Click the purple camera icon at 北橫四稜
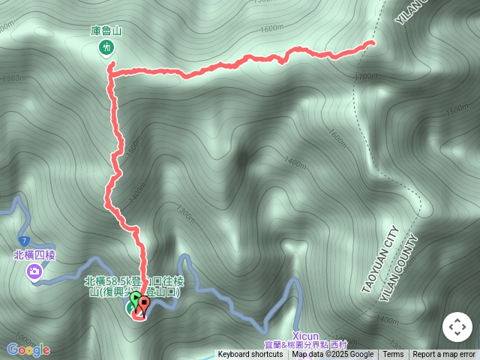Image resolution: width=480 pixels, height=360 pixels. pyautogui.click(x=34, y=271)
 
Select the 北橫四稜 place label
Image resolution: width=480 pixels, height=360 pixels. pyautogui.click(x=34, y=255)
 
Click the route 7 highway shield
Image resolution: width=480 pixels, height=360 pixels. pyautogui.click(x=24, y=240)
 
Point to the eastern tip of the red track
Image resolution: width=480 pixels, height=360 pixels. pyautogui.click(x=373, y=43)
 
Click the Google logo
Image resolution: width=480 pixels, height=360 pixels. pyautogui.click(x=28, y=349)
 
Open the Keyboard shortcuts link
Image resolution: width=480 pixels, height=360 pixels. pyautogui.click(x=250, y=355)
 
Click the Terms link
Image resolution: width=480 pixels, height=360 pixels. pyautogui.click(x=393, y=355)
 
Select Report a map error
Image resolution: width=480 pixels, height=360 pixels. pyautogui.click(x=444, y=355)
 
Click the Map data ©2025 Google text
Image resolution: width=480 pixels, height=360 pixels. pyautogui.click(x=332, y=355)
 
